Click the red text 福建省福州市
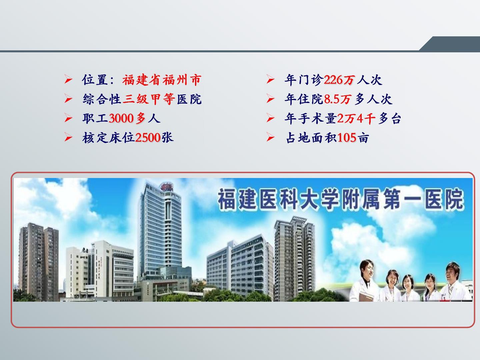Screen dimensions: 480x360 tap(162, 80)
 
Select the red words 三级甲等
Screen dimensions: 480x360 tap(149, 99)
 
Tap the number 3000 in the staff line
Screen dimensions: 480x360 tap(121, 118)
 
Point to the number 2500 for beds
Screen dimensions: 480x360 tap(148, 138)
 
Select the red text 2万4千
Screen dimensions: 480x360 tap(356, 118)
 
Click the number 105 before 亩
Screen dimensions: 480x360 tap(347, 138)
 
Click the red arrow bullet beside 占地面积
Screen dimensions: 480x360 tap(271, 137)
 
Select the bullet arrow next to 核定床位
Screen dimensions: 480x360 tap(68, 137)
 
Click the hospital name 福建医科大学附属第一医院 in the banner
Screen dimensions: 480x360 tap(340, 199)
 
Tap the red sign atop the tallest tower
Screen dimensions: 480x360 tap(167, 187)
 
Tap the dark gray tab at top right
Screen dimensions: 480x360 tap(450, 44)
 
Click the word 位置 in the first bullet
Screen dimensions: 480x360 tap(95, 80)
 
